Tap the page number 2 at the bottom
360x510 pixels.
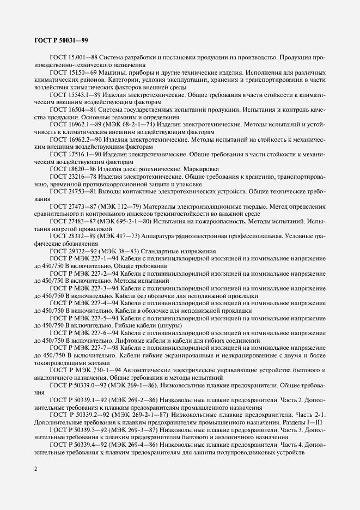tap(35, 467)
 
